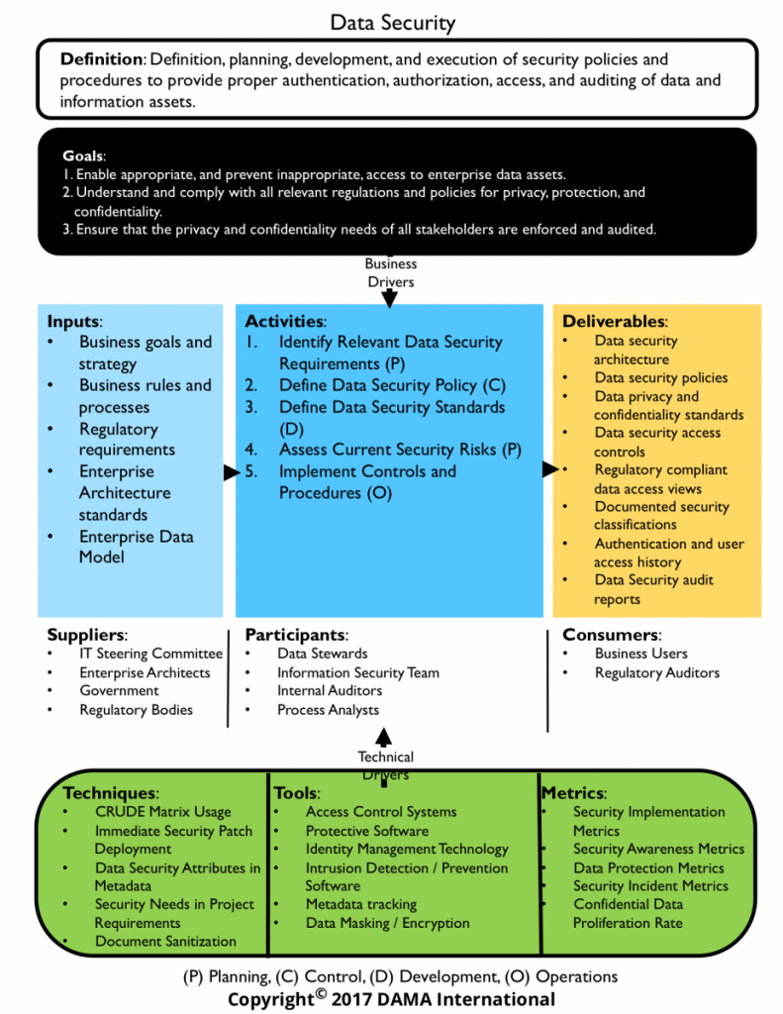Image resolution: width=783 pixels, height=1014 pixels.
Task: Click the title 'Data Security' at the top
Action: [x=392, y=23]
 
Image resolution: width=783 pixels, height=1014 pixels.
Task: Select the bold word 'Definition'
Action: [x=102, y=59]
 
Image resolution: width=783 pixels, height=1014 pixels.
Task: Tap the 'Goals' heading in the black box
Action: [x=83, y=155]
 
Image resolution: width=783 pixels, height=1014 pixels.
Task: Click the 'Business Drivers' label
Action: [x=391, y=272]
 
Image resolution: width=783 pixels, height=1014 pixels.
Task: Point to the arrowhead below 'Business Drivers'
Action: [x=389, y=299]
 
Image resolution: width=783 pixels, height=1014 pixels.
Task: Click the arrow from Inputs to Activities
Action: [x=232, y=472]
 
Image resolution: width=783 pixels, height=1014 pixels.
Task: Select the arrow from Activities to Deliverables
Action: [x=550, y=468]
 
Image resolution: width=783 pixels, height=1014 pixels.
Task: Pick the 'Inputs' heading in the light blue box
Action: [x=73, y=322]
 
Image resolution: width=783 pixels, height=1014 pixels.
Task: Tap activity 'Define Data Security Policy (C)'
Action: [x=392, y=385]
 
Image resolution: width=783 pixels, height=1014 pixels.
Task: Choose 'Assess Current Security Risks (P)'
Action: [x=400, y=450]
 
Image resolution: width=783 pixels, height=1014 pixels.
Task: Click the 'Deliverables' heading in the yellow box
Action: [x=614, y=322]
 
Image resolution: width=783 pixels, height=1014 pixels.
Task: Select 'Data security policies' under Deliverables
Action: [x=661, y=377]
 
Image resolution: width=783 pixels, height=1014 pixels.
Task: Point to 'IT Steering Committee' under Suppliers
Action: [x=150, y=654]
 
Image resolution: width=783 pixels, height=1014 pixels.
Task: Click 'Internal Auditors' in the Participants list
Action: [x=330, y=690]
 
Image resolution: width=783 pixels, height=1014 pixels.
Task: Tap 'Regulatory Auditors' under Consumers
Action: [x=657, y=672]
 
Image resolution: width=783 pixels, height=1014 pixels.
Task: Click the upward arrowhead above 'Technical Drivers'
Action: [x=383, y=737]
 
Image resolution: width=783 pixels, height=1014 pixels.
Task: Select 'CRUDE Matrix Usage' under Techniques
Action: [x=163, y=812]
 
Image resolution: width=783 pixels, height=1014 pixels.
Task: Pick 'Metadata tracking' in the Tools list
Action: [x=360, y=904]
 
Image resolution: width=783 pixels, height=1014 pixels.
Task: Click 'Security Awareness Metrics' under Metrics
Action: [x=659, y=849]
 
